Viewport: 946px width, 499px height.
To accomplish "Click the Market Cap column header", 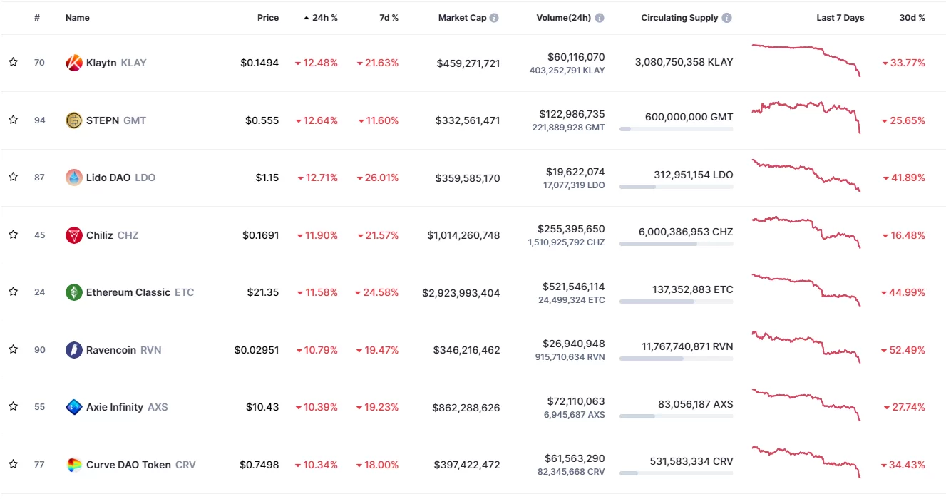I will point(462,18).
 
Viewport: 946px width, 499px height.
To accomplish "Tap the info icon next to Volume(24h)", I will point(600,18).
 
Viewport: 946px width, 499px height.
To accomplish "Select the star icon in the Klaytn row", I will point(13,63).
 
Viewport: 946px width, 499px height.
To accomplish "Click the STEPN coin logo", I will point(74,120).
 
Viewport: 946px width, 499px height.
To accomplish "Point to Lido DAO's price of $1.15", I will point(267,178).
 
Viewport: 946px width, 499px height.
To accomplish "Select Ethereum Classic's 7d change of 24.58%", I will point(377,292).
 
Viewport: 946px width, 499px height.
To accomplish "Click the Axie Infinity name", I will point(115,407).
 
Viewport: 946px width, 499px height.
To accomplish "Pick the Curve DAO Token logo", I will point(74,465).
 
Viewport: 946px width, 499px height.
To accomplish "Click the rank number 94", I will point(39,120).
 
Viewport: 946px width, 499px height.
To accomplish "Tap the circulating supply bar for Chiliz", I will point(676,244).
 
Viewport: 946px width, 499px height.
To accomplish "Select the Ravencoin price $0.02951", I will point(257,350).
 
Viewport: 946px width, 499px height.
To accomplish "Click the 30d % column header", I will point(912,18).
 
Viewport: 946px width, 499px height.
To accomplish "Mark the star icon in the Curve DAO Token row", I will point(13,465).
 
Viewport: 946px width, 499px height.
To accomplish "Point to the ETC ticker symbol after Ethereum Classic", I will point(184,292).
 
